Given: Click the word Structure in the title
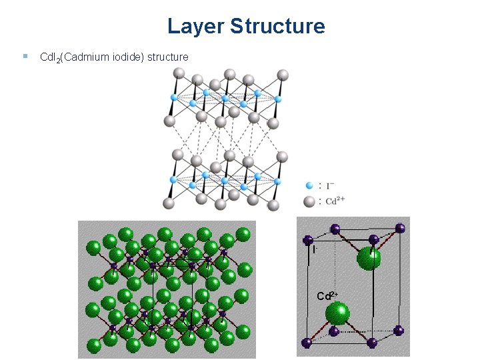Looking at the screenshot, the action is click(277, 27).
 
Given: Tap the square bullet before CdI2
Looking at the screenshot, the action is click(24, 57).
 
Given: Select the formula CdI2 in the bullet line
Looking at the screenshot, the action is click(51, 57).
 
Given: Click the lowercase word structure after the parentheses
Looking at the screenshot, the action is click(168, 57).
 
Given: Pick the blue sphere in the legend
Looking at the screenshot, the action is click(308, 185).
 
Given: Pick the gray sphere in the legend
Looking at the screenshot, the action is click(308, 201).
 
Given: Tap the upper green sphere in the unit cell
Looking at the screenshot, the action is click(369, 258).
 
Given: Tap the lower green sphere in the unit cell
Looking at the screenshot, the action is click(339, 313).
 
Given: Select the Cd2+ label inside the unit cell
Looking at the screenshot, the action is click(328, 295).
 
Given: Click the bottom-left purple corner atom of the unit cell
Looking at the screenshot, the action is click(307, 343).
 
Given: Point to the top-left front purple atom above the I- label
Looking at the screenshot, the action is click(308, 239).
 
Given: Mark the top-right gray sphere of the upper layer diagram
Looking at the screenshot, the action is click(283, 74).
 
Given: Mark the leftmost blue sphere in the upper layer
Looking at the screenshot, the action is click(173, 97).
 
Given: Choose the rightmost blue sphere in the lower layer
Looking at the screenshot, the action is click(277, 180).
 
